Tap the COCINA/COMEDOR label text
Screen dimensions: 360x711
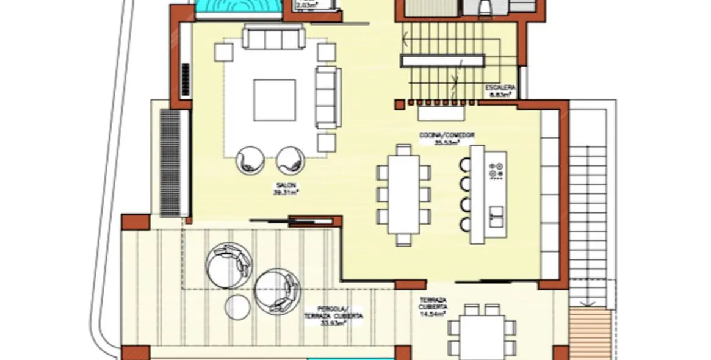[447, 135]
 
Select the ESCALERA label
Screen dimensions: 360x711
[500, 88]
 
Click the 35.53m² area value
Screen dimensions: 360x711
[446, 143]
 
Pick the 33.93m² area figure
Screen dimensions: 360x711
[333, 323]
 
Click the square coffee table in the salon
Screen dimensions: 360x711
[275, 100]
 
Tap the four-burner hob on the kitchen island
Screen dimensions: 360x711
[497, 168]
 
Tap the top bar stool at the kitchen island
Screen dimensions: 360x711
[466, 164]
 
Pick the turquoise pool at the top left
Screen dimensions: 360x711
[239, 8]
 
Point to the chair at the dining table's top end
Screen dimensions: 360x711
[403, 149]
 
